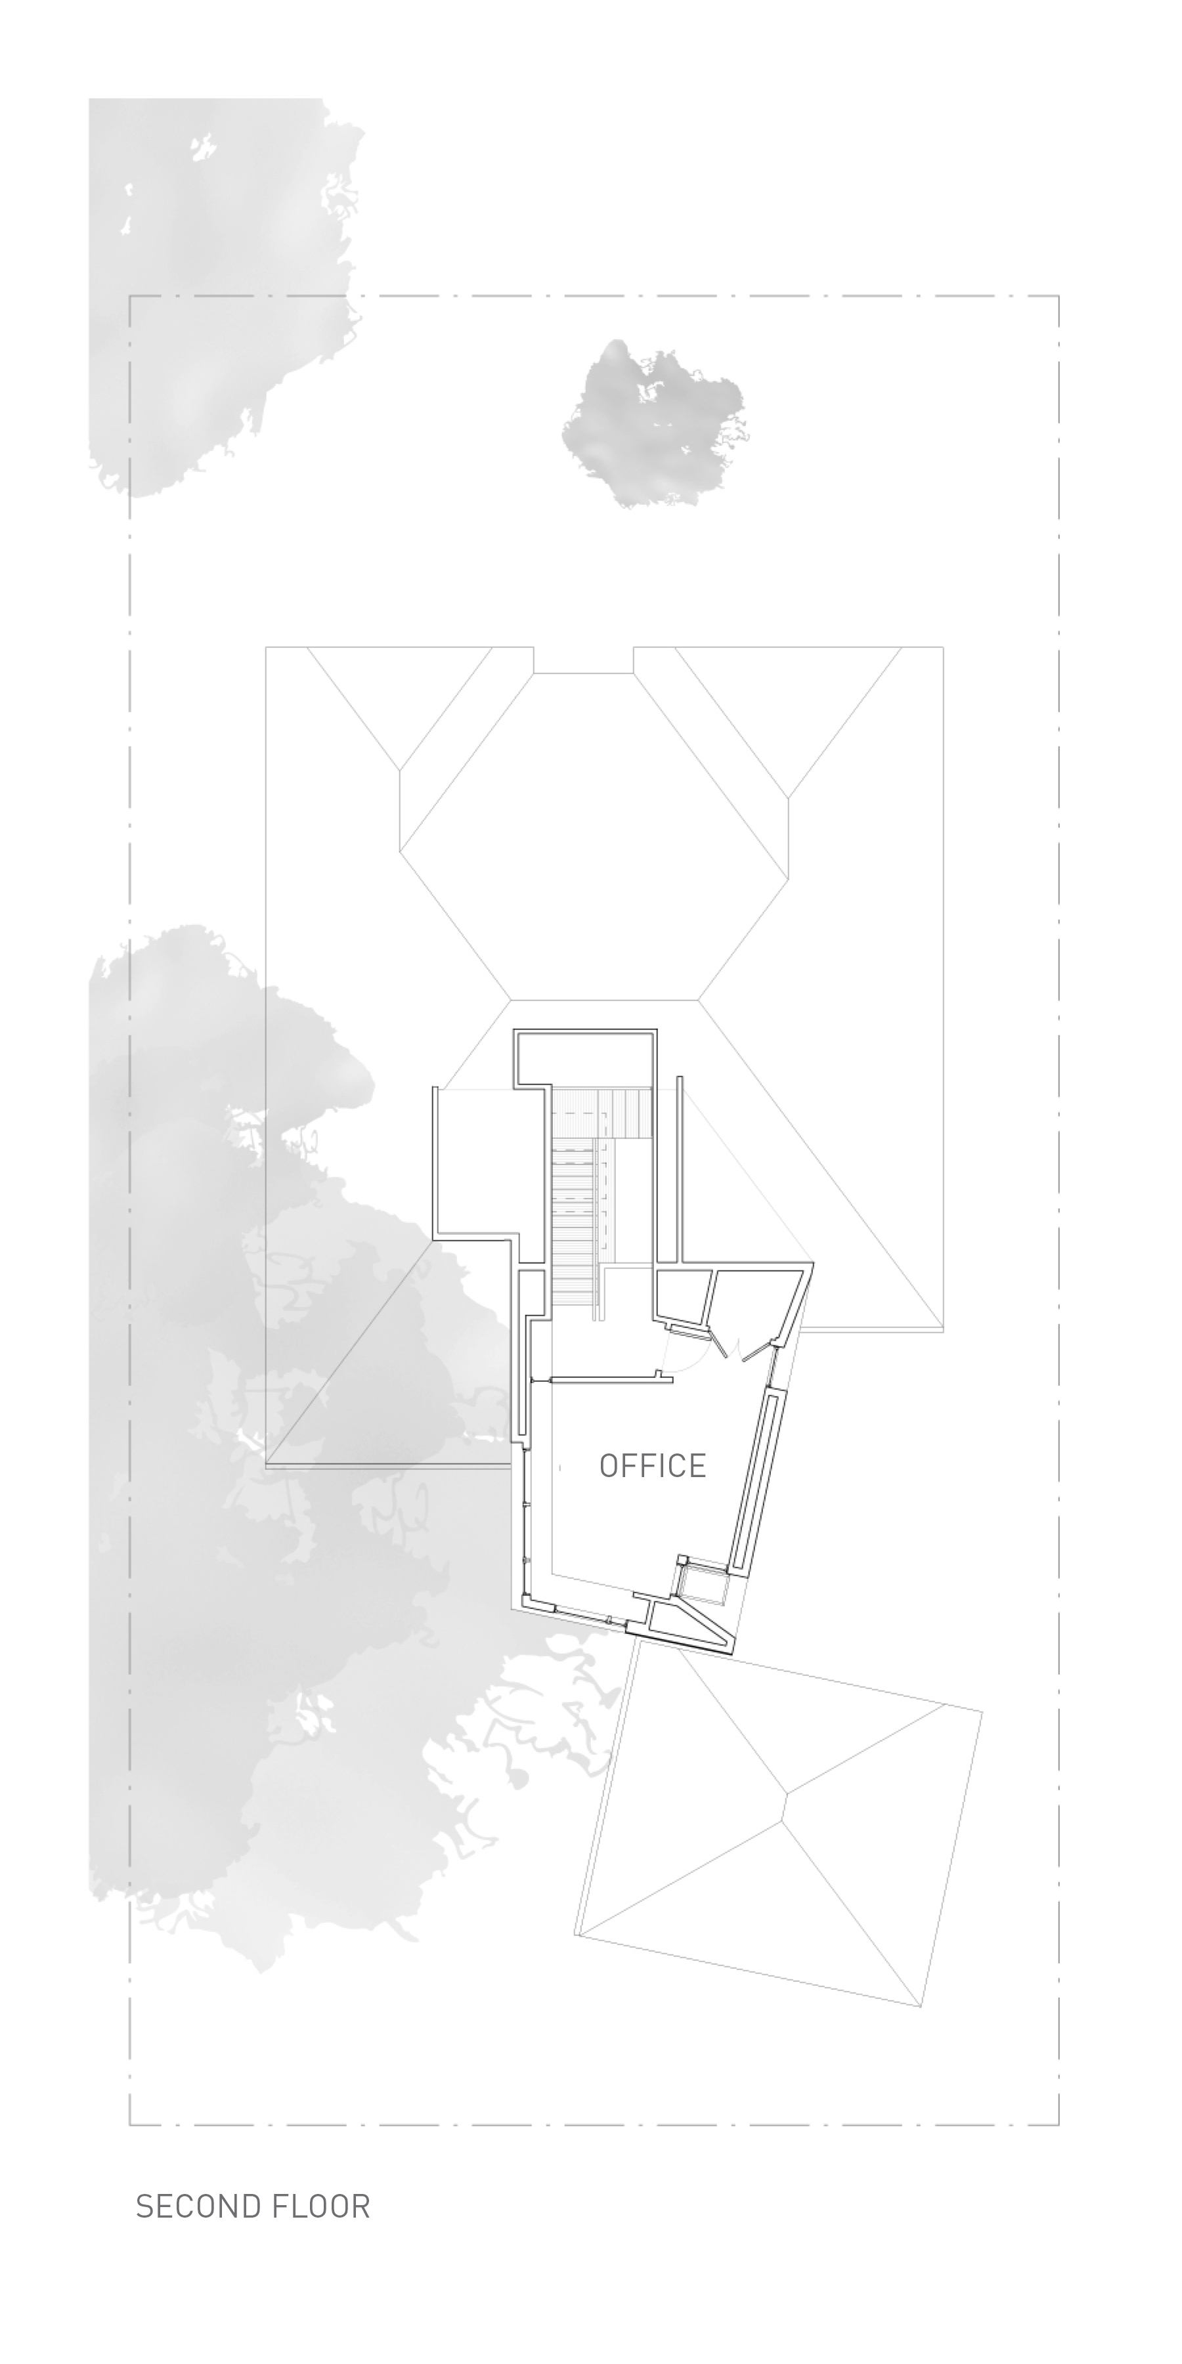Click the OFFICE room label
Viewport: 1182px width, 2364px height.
tap(653, 1465)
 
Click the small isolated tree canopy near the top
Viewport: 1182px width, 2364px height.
tap(653, 422)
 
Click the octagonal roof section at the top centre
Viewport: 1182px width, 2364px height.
tap(594, 835)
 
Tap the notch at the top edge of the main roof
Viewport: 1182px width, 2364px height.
tap(584, 660)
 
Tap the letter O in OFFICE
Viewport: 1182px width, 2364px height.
tap(609, 1465)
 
